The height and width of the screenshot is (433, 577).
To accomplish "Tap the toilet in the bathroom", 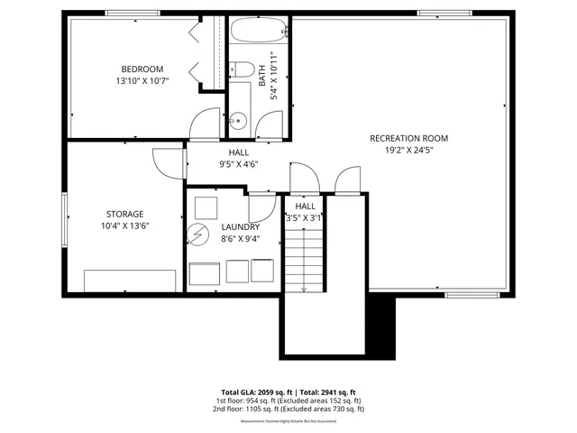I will pos(241,69).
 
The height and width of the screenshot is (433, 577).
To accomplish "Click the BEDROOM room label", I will pos(142,69).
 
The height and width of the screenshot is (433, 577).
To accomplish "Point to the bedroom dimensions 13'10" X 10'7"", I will pos(142,81).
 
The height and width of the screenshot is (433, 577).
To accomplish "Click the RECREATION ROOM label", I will pos(408,138).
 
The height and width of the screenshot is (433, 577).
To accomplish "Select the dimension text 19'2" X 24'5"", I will pos(408,151).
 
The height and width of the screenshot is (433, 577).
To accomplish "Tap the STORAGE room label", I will pos(124,214).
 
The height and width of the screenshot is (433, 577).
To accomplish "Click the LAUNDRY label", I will pos(241,227).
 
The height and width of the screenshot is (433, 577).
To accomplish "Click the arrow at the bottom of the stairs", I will pos(304,288).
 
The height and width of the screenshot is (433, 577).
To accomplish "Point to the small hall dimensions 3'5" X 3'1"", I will pos(304,218).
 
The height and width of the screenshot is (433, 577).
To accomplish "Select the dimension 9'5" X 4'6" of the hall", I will pos(239,164).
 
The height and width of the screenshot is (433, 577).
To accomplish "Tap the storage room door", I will pos(168,162).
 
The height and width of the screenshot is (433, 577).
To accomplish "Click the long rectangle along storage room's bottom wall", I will pos(130,281).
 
